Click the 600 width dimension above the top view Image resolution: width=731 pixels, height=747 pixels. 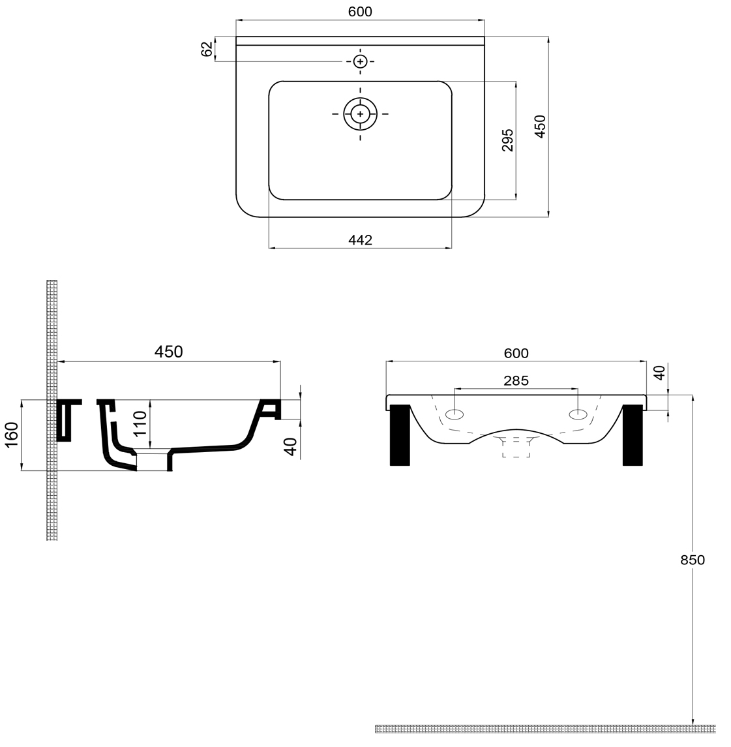tap(360, 12)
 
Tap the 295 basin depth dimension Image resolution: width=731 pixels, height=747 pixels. tap(508, 140)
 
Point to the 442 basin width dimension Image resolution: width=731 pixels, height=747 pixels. tap(360, 240)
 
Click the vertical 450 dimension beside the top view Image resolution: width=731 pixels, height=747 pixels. tap(540, 126)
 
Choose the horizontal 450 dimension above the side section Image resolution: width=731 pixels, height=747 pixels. tap(168, 352)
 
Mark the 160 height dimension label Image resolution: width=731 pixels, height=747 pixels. tap(11, 434)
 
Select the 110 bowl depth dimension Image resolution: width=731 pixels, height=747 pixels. tap(140, 424)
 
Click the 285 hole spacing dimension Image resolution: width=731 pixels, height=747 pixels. tap(516, 380)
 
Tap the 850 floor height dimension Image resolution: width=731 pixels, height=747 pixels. tap(693, 560)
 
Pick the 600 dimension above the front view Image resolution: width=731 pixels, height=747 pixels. tap(516, 353)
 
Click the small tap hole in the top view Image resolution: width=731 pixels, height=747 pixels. tap(360, 61)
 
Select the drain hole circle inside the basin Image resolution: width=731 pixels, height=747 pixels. tap(360, 114)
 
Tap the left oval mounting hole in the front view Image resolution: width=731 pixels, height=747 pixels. tap(455, 414)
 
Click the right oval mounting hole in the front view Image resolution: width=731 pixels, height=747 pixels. tap(578, 414)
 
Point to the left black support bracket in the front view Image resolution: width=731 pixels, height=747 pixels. tap(399, 435)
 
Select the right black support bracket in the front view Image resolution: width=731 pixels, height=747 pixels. tap(633, 435)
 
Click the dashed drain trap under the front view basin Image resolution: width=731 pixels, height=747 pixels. tap(516, 448)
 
